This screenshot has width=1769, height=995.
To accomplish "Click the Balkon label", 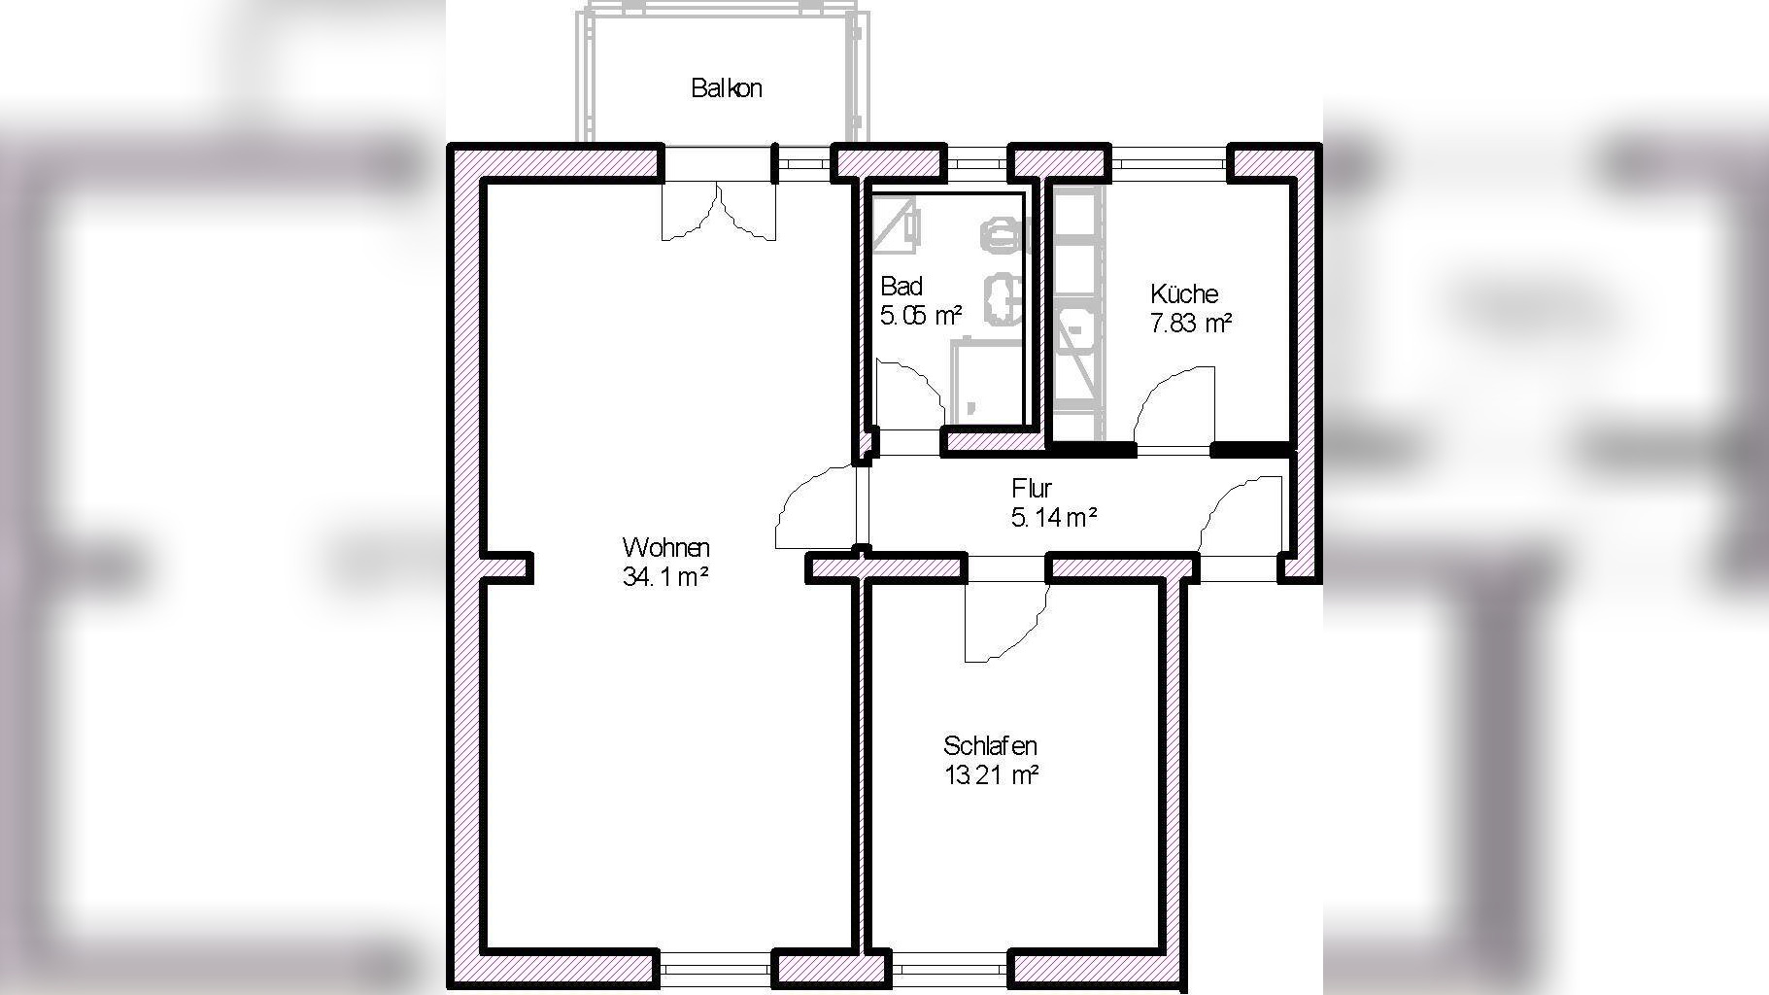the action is (x=727, y=88).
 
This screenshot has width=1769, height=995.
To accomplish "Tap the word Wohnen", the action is (x=665, y=547).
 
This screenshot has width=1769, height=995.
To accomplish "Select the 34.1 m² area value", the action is (x=665, y=577).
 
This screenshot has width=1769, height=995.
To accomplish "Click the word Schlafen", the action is (x=990, y=746).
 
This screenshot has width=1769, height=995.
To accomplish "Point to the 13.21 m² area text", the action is (x=991, y=775).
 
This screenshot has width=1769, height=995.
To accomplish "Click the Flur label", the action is (x=1031, y=488).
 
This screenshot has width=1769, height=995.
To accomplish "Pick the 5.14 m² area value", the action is (x=1054, y=518).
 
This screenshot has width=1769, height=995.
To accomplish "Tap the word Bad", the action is (x=901, y=287).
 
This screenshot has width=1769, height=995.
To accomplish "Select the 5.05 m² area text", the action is (x=921, y=316).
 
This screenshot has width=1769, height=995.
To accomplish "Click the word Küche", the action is (x=1184, y=293).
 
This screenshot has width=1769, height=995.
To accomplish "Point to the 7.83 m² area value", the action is (x=1191, y=323).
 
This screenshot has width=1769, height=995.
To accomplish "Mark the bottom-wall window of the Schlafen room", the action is (x=951, y=969).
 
